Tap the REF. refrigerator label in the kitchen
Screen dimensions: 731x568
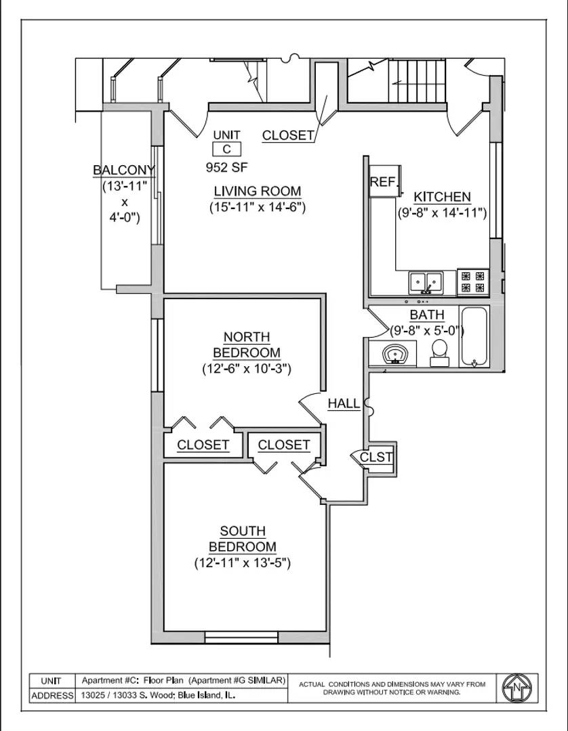tap(382, 182)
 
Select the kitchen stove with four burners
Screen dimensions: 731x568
tap(472, 281)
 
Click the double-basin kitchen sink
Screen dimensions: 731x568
tap(426, 281)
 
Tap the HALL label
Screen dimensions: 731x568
tap(344, 404)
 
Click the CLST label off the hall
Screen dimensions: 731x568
tap(376, 457)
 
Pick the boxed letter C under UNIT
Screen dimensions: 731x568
tap(226, 150)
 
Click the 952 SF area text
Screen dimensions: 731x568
tap(226, 166)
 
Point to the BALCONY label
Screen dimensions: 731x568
tap(124, 171)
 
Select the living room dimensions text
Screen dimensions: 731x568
tap(258, 208)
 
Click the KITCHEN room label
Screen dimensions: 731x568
tap(442, 197)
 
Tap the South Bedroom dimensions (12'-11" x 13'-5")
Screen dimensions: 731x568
tap(243, 562)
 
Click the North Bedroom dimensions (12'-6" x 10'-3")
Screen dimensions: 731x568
tap(247, 369)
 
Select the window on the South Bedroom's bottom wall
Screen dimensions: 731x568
tap(241, 638)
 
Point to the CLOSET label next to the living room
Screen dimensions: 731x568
tap(288, 135)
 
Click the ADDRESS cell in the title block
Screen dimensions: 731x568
tap(52, 696)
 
